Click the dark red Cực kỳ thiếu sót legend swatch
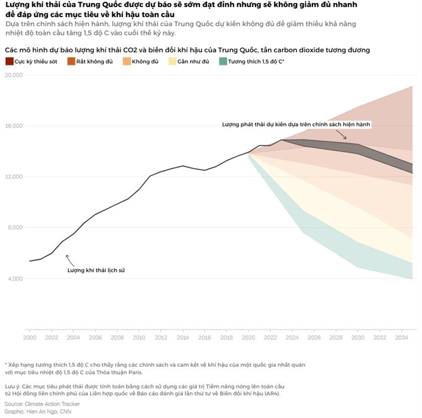[9, 61]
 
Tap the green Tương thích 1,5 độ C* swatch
[223, 61]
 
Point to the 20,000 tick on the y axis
[13, 75]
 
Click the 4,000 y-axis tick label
[15, 279]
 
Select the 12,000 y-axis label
[13, 177]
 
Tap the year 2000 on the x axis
[29, 338]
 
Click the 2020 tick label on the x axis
[250, 338]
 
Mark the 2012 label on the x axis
[161, 338]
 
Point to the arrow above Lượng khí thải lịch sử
[68, 258]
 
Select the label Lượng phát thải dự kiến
[295, 125]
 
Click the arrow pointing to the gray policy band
[344, 134]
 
